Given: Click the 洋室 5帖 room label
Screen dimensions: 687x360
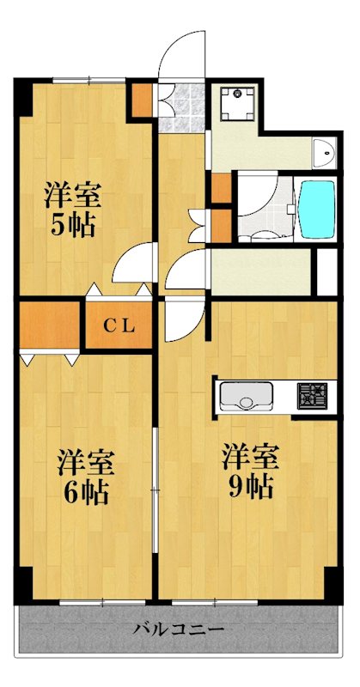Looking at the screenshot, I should coord(73,209).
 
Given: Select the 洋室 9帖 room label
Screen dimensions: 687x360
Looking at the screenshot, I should coord(249,471).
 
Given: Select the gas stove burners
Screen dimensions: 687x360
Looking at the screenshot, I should coord(311,396).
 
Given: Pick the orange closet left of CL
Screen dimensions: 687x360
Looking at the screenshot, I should coord(50,325).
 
